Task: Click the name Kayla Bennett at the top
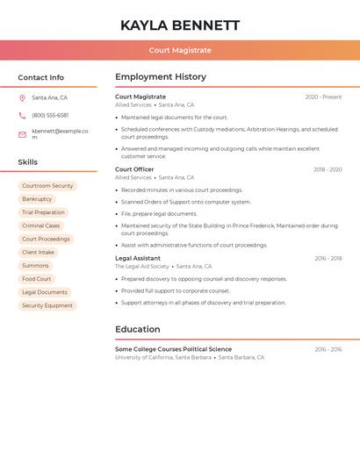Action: point(180,25)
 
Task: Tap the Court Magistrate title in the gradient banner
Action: point(180,50)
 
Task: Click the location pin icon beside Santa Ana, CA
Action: point(22,98)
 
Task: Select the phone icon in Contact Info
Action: point(22,116)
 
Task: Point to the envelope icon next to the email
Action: point(22,134)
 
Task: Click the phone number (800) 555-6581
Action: point(50,116)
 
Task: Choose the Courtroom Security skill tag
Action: point(47,186)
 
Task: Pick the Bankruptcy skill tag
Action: point(37,199)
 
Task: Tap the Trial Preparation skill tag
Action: point(43,212)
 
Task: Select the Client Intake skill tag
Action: point(39,253)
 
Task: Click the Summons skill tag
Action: point(35,266)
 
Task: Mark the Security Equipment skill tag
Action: point(47,306)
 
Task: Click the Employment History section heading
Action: point(161,77)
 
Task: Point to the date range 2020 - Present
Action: point(323,97)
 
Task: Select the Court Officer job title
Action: point(134,169)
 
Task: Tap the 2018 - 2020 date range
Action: point(328,169)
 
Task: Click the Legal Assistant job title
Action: point(138,259)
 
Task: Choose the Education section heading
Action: point(138,330)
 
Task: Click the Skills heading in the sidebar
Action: point(28,162)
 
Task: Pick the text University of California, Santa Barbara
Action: point(163,358)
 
